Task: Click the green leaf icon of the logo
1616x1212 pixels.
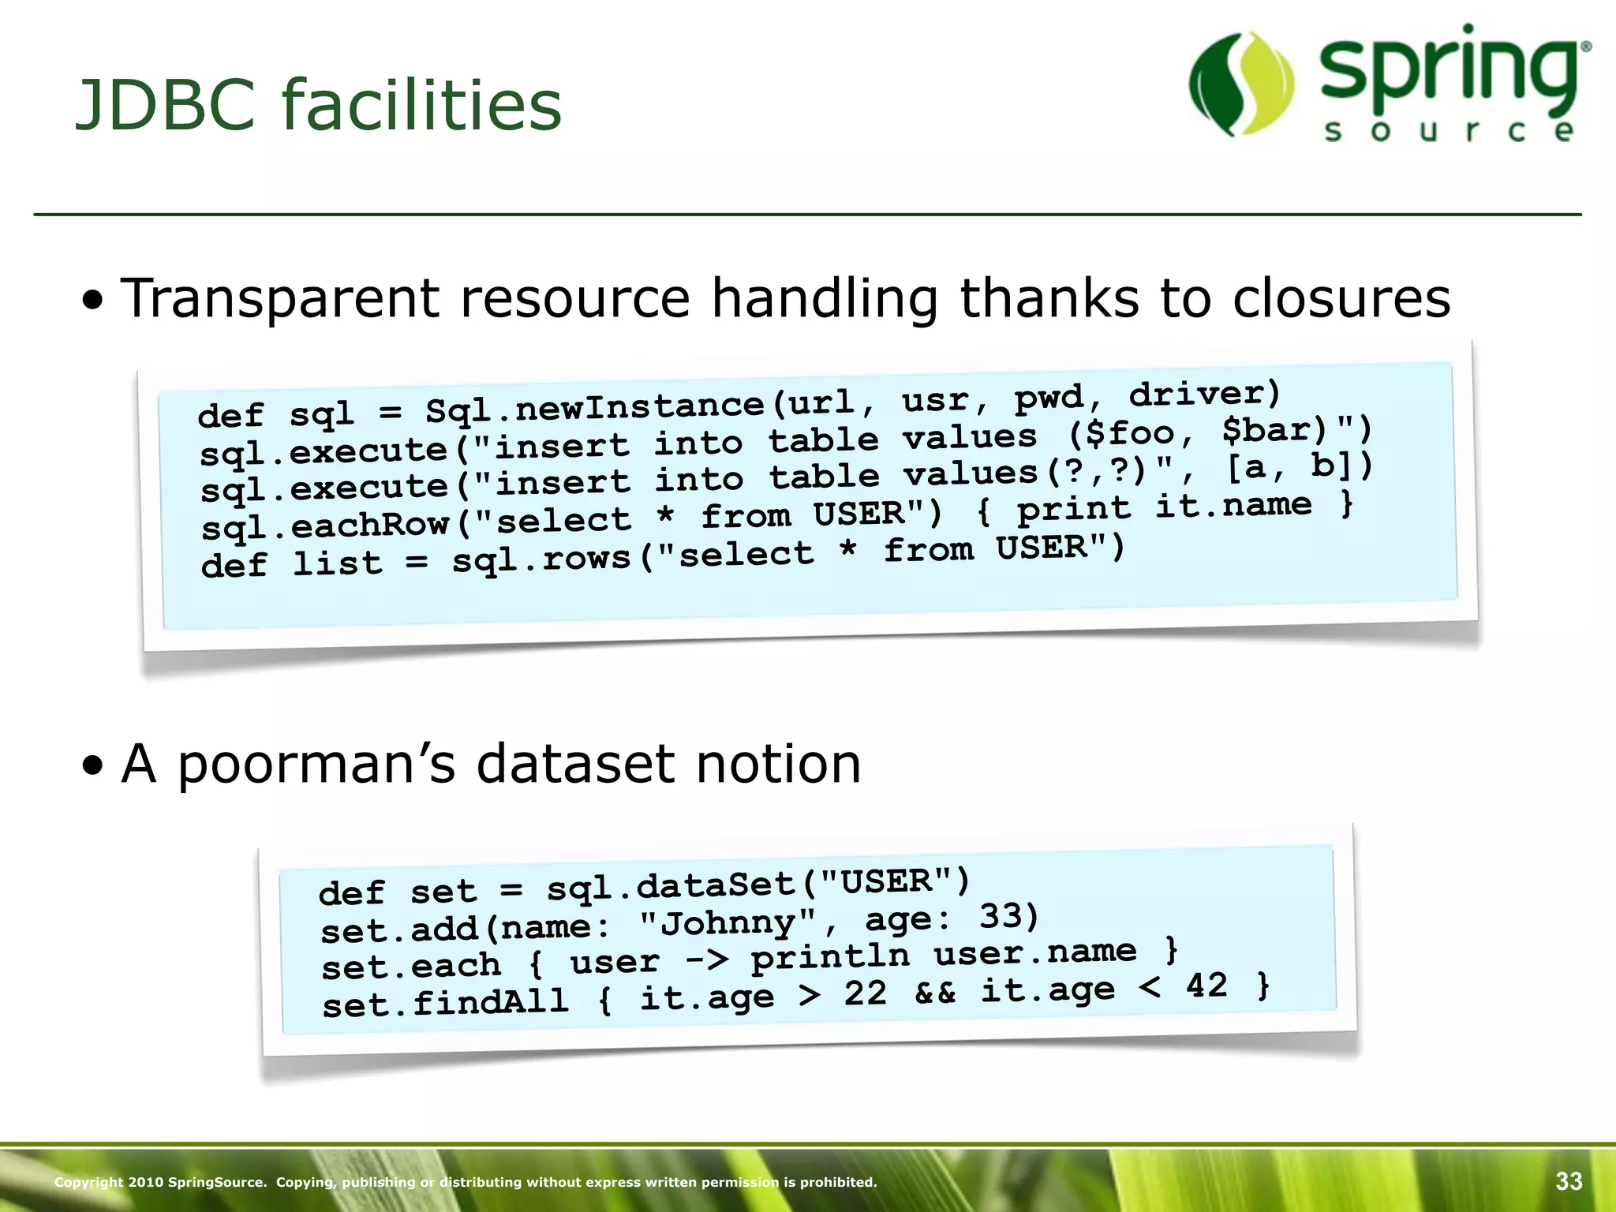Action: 1241,84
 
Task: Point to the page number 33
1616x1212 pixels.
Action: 1569,1181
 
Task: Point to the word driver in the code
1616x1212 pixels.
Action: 1204,393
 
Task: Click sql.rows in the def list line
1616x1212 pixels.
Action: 541,559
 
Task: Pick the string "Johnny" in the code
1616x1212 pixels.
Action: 727,922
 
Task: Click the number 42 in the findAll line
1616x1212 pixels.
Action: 1206,986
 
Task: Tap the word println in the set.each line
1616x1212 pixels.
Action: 829,957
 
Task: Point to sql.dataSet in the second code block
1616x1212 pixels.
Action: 671,885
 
